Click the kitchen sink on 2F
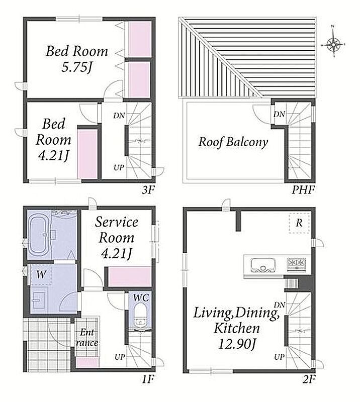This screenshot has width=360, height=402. [x=263, y=265]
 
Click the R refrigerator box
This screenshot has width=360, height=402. [x=299, y=223]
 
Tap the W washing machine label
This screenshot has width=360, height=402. [x=41, y=274]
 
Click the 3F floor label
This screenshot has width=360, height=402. [x=148, y=190]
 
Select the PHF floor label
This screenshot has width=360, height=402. [x=303, y=190]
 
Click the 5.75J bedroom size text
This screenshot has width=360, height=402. [x=76, y=67]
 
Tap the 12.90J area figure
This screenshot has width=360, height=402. [x=237, y=344]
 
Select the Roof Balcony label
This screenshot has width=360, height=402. [x=233, y=142]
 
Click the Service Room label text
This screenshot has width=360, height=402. [x=117, y=230]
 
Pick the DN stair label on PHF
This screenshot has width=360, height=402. [x=279, y=114]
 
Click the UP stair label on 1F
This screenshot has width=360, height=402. [x=120, y=357]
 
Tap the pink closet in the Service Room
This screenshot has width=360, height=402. [x=130, y=276]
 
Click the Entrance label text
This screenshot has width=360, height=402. [x=87, y=338]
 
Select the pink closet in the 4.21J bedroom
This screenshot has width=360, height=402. [x=87, y=154]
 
